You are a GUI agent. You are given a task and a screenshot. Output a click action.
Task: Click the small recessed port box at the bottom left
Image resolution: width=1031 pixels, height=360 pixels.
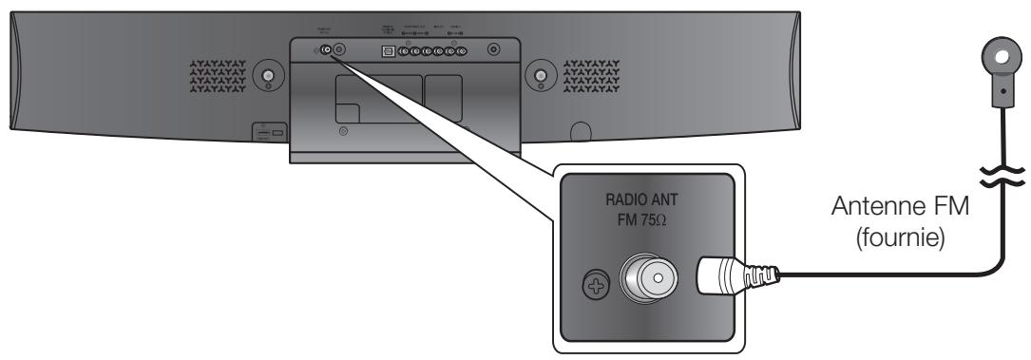click(266, 131)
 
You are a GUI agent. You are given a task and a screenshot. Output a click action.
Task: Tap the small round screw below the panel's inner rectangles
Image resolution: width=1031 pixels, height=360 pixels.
click(343, 130)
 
